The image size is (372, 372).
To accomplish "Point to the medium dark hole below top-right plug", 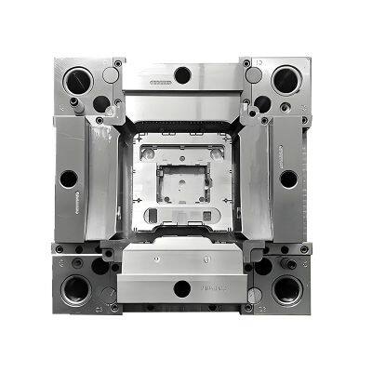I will (x=263, y=101).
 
